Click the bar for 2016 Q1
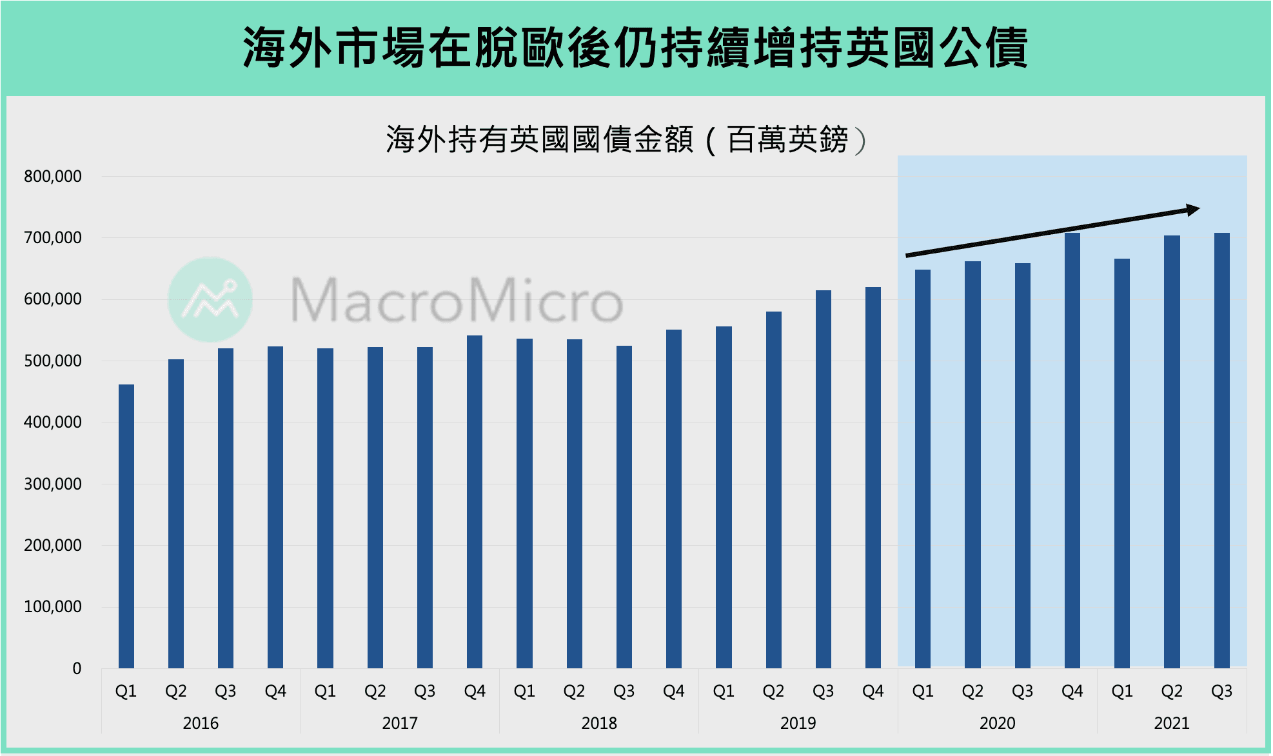click(x=126, y=526)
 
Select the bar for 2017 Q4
click(x=475, y=501)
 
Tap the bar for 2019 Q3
click(x=823, y=479)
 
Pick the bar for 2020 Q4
click(x=1072, y=450)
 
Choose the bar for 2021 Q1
click(x=1121, y=463)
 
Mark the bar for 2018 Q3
click(x=624, y=506)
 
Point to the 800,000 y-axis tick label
click(x=53, y=176)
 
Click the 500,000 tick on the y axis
click(x=53, y=361)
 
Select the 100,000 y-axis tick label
click(x=53, y=606)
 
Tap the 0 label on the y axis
click(x=77, y=668)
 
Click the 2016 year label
click(x=201, y=723)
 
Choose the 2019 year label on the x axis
click(x=798, y=723)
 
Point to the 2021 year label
click(x=1171, y=723)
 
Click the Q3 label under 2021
click(x=1221, y=691)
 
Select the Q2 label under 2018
click(x=573, y=691)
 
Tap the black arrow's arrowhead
click(x=1193, y=210)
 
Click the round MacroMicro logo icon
click(x=210, y=299)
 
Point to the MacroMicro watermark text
click(x=457, y=300)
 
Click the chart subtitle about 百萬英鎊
click(x=626, y=139)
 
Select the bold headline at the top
click(x=635, y=48)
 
